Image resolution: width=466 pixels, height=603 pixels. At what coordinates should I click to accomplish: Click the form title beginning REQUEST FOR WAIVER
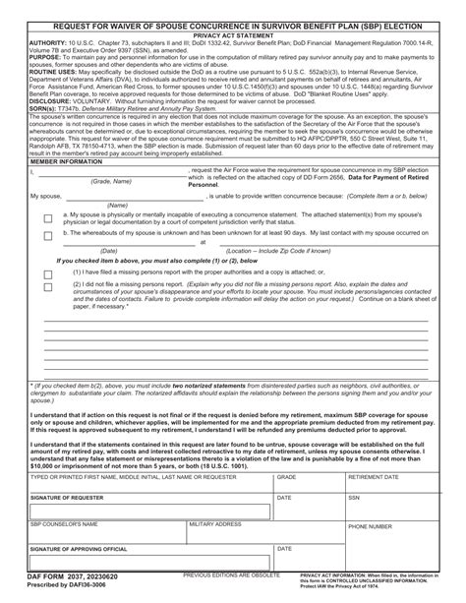coord(233,23)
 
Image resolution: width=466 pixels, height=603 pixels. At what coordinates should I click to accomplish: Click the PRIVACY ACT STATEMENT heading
coord(233,33)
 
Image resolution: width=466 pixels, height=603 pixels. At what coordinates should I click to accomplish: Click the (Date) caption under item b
coord(109,251)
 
